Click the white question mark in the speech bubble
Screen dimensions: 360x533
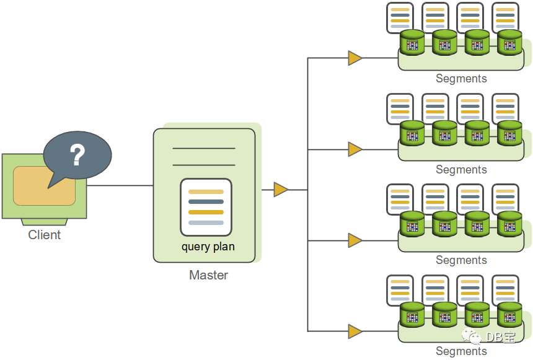(77, 156)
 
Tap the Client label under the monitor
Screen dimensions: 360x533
(45, 235)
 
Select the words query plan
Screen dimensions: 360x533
(208, 247)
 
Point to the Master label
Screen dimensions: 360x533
(208, 275)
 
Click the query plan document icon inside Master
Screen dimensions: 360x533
(206, 207)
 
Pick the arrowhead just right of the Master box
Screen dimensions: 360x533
(281, 190)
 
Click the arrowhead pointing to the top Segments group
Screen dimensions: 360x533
(355, 58)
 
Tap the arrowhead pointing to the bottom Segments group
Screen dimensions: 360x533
(355, 331)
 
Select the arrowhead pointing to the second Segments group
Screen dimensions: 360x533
(355, 149)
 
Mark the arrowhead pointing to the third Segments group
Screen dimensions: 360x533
(355, 240)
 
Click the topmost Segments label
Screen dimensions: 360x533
(461, 79)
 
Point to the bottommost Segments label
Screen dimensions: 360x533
(461, 351)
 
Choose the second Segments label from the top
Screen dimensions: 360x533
(461, 170)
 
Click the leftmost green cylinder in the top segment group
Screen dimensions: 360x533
(412, 42)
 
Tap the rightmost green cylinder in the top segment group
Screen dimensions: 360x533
(509, 42)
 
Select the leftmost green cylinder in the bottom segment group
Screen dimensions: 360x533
(412, 315)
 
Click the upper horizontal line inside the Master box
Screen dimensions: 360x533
(204, 149)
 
